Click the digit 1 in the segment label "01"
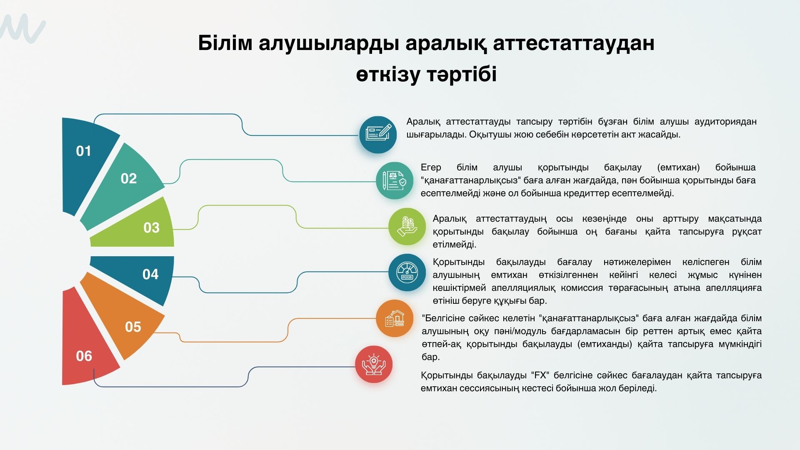click(87, 151)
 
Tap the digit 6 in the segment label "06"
click(88, 356)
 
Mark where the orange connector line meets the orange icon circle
click(376, 319)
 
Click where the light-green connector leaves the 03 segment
click(173, 229)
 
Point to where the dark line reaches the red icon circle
click(355, 367)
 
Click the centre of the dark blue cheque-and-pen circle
click(378, 135)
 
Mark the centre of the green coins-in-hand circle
click(407, 227)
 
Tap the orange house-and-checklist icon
click(395, 319)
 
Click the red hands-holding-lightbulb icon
click(374, 365)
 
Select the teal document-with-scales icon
click(395, 180)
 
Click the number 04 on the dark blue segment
click(150, 274)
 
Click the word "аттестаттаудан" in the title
click(573, 43)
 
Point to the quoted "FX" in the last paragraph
click(541, 375)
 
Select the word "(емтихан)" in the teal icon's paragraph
click(678, 167)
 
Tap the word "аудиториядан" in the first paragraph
click(725, 122)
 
